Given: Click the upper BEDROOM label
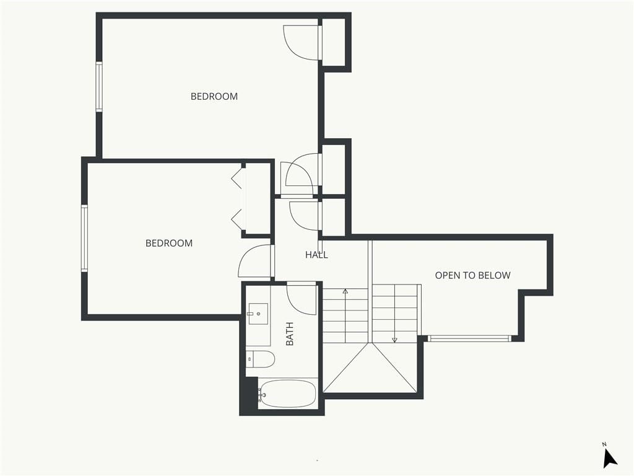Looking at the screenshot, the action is pos(214,96).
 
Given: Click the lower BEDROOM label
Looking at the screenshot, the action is pos(169,243).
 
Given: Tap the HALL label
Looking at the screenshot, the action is pos(316,255).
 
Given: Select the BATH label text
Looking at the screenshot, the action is pos(290,333).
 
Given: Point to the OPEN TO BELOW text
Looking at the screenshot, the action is pos(472,275).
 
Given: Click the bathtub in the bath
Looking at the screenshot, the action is pos(287,394).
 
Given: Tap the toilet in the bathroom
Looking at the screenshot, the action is pos(261,359).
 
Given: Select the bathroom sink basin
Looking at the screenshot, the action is pos(258,314).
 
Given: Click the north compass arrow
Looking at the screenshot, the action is pos(610,459).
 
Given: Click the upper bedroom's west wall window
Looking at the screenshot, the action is pos(98,86).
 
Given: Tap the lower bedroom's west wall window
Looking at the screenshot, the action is pos(84,238).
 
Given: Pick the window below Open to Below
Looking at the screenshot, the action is pos(469,338).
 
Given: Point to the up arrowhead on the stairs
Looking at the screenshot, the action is pos(345,291).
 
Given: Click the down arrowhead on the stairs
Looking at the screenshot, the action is pos(394,340).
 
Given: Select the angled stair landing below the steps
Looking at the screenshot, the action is pos(370,368).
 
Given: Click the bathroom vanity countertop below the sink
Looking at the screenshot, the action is pos(258,335).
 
